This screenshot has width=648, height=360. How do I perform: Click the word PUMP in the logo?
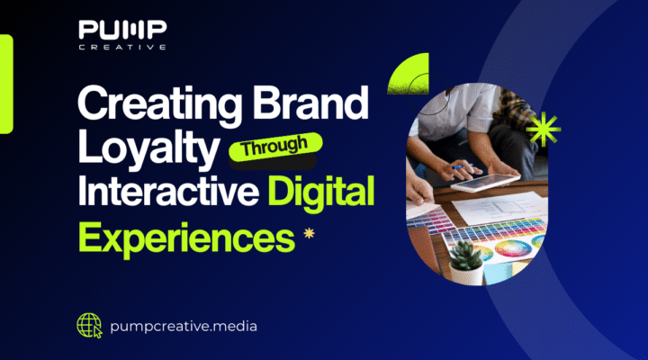tap(121, 31)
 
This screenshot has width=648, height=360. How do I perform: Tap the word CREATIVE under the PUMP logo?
tap(121, 48)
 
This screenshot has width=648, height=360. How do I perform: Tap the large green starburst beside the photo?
tap(543, 131)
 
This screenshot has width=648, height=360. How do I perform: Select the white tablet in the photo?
tap(490, 182)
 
